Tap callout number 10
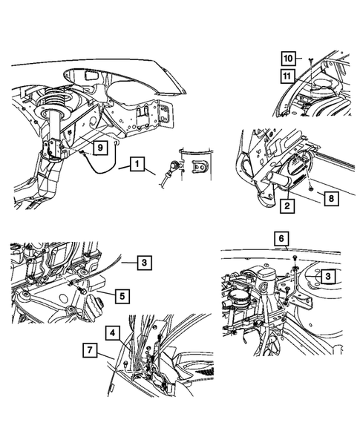point(285,57)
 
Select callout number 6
point(280,239)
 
